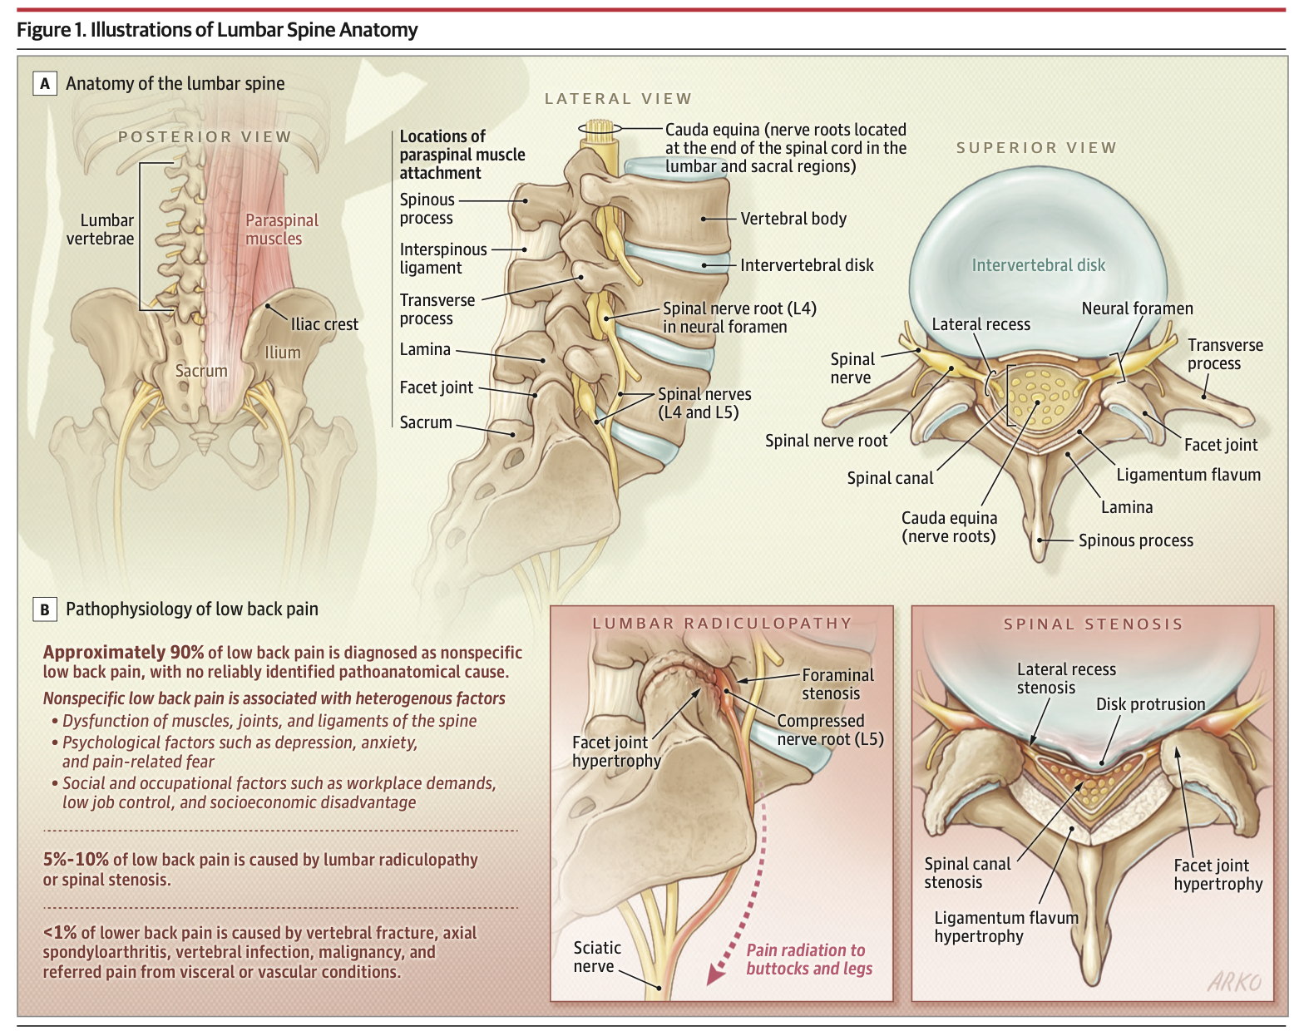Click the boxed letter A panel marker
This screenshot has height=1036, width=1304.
(45, 84)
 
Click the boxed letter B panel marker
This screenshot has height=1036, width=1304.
(45, 609)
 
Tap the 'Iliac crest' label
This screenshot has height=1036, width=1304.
(324, 325)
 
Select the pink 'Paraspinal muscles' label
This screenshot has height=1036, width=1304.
(282, 229)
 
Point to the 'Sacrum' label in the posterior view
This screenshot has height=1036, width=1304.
(201, 371)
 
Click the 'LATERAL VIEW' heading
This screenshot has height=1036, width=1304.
(618, 99)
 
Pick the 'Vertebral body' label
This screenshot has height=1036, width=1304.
(793, 219)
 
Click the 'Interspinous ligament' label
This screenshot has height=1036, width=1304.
(443, 259)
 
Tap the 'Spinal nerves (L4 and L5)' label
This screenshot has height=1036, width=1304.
(704, 403)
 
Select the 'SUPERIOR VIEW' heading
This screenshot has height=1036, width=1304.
(1036, 148)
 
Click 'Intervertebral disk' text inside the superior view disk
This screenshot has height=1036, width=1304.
(1039, 265)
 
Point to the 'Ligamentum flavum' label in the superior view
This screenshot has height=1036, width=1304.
(1188, 475)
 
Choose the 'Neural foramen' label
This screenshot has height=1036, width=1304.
(1138, 308)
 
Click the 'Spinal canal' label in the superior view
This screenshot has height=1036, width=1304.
(890, 479)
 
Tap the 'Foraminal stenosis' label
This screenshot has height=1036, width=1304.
(838, 684)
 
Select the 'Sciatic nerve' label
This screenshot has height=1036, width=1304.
(597, 957)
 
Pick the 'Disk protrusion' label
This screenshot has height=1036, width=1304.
(1150, 704)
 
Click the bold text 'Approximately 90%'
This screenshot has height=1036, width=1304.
(123, 653)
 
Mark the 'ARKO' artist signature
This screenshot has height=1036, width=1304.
(1235, 981)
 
